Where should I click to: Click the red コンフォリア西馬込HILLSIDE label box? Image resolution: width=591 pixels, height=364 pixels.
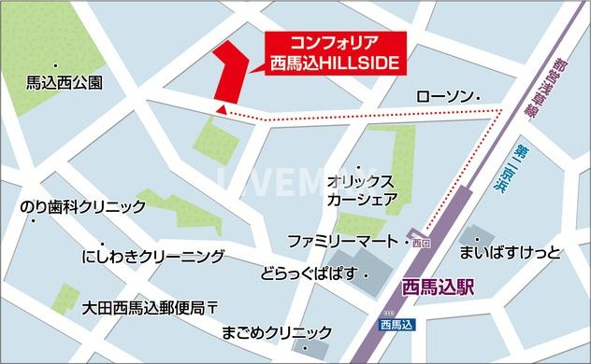[x=332, y=54]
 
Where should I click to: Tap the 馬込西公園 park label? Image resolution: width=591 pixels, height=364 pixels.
[x=65, y=82]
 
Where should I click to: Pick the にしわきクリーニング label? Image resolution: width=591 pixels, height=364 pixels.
[x=153, y=256]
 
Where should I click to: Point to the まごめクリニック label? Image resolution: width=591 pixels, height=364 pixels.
[x=278, y=332]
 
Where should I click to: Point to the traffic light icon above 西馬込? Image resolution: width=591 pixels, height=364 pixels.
[x=389, y=311]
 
